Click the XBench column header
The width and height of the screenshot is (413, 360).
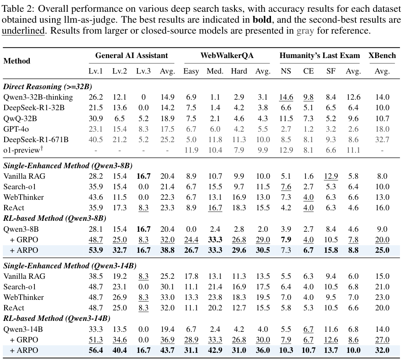(382, 56)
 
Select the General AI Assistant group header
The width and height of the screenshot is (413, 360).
(132, 56)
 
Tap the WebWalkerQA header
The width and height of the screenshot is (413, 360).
(227, 56)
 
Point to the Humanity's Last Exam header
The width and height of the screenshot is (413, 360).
(319, 56)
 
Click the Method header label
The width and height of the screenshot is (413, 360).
(17, 61)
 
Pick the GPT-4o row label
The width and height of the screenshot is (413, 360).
(16, 129)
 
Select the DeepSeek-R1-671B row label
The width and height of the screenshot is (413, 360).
(36, 140)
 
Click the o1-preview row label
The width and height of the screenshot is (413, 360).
(23, 150)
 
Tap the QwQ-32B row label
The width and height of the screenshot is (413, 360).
(20, 119)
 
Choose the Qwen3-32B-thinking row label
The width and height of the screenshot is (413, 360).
(38, 97)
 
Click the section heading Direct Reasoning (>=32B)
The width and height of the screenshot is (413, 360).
(47, 87)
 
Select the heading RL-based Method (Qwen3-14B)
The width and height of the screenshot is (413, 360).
(57, 318)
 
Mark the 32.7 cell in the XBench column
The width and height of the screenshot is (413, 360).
(382, 140)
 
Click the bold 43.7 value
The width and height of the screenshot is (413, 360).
(168, 350)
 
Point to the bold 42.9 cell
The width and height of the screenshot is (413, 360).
(215, 350)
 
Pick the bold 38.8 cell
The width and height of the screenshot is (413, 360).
(168, 250)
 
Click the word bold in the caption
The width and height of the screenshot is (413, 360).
(262, 20)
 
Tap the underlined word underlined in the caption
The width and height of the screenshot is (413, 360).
(23, 31)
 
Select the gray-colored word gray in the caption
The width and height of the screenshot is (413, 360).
(305, 31)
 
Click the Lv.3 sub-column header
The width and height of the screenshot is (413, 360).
(143, 71)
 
